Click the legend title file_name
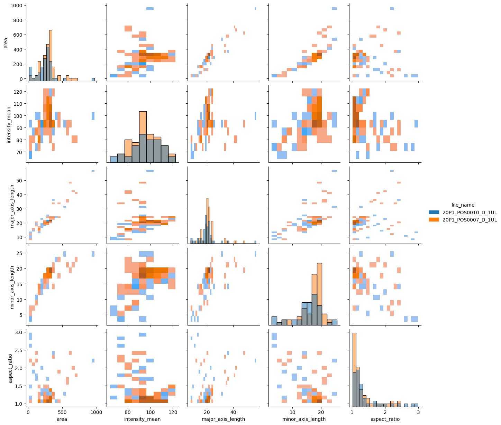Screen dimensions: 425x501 463,205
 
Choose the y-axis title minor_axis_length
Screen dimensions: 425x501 12,287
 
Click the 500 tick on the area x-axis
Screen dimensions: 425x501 62,412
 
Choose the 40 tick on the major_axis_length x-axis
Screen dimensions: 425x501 233,412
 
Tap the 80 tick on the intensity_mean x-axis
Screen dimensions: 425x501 128,412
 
